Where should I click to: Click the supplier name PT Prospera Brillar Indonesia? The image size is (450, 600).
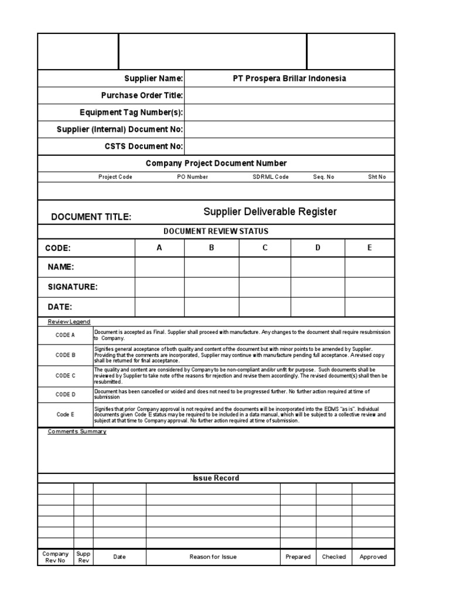pos(289,79)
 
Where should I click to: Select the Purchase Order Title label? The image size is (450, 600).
pos(142,96)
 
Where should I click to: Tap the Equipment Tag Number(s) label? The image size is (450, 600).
pos(131,112)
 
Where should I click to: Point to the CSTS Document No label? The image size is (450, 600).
pos(144,146)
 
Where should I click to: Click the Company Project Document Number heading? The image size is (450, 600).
pos(216,163)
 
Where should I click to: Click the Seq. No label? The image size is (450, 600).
pos(323,177)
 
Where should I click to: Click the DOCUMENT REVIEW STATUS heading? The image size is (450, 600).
pos(216,231)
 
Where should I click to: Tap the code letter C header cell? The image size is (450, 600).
pos(265,248)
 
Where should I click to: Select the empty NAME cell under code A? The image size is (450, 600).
pos(159,267)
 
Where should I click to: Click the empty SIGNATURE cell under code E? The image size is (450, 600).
pos(369,287)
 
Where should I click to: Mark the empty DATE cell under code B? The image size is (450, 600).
pos(212,306)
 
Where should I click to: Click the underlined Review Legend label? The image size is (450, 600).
pos(69,322)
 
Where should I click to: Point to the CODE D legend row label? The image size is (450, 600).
pos(66,394)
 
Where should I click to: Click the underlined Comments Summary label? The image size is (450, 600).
pos(77,432)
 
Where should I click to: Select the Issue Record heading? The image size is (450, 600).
pos(216,478)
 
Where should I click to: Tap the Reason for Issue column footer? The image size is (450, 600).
pos(213,557)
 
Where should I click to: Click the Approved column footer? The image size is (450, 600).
pos(373,557)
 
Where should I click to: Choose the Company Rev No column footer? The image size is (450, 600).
pos(56,557)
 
